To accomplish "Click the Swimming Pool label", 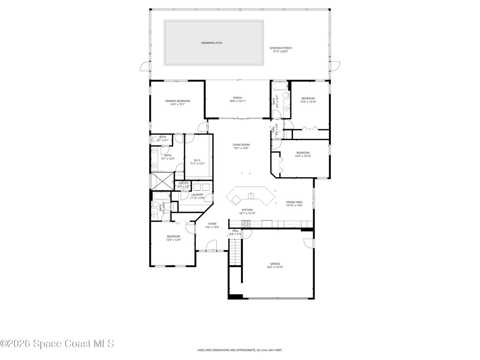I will [x=212, y=43].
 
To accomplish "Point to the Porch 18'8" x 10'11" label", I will [x=238, y=99].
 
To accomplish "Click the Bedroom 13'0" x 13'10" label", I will [x=308, y=100].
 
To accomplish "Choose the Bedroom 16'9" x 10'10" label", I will [x=302, y=154].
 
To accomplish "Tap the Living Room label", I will [x=241, y=146].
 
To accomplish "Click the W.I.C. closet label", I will [x=197, y=162].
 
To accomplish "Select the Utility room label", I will [x=183, y=185].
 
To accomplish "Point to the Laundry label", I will [x=197, y=196].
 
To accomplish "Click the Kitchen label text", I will [x=247, y=211].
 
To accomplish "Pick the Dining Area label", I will [x=294, y=203].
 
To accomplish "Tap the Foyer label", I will [x=212, y=225].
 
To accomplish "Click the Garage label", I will [x=275, y=265].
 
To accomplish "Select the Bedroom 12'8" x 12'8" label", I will [x=173, y=238].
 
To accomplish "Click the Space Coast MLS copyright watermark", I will [x=57, y=344].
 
